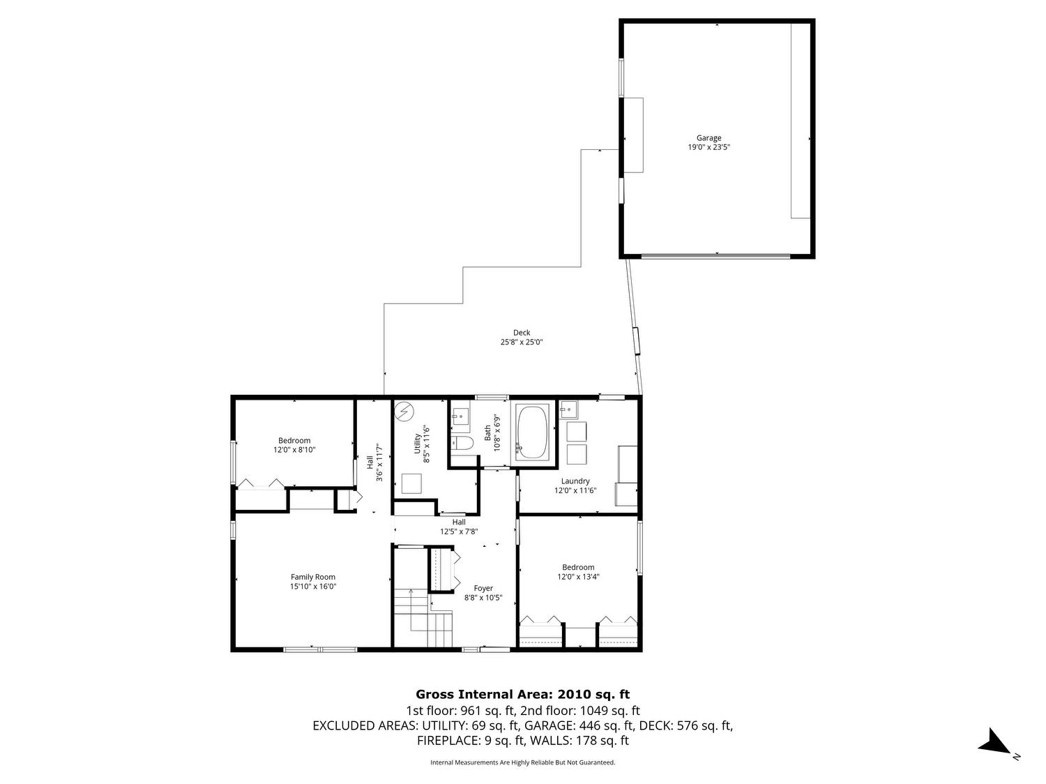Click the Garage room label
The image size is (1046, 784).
pos(708,138)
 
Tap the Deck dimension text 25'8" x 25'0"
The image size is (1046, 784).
pos(522,342)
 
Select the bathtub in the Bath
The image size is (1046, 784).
pos(533,432)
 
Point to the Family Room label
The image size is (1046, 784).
pos(313,577)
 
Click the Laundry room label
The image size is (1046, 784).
pos(575,481)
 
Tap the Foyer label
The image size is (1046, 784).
pos(483,588)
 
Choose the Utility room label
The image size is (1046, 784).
pos(418,444)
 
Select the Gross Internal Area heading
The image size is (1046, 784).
pos(523,694)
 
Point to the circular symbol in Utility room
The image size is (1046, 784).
pos(404,412)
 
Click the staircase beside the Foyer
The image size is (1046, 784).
pos(423,618)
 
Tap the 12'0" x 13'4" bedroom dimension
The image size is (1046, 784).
pos(578,577)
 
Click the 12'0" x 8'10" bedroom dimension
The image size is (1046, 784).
pos(294,449)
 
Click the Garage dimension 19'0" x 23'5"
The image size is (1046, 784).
pos(708,147)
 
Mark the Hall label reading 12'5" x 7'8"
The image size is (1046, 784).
pos(459,527)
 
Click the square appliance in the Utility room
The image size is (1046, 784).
pos(411,484)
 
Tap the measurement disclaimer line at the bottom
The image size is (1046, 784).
pos(523,762)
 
